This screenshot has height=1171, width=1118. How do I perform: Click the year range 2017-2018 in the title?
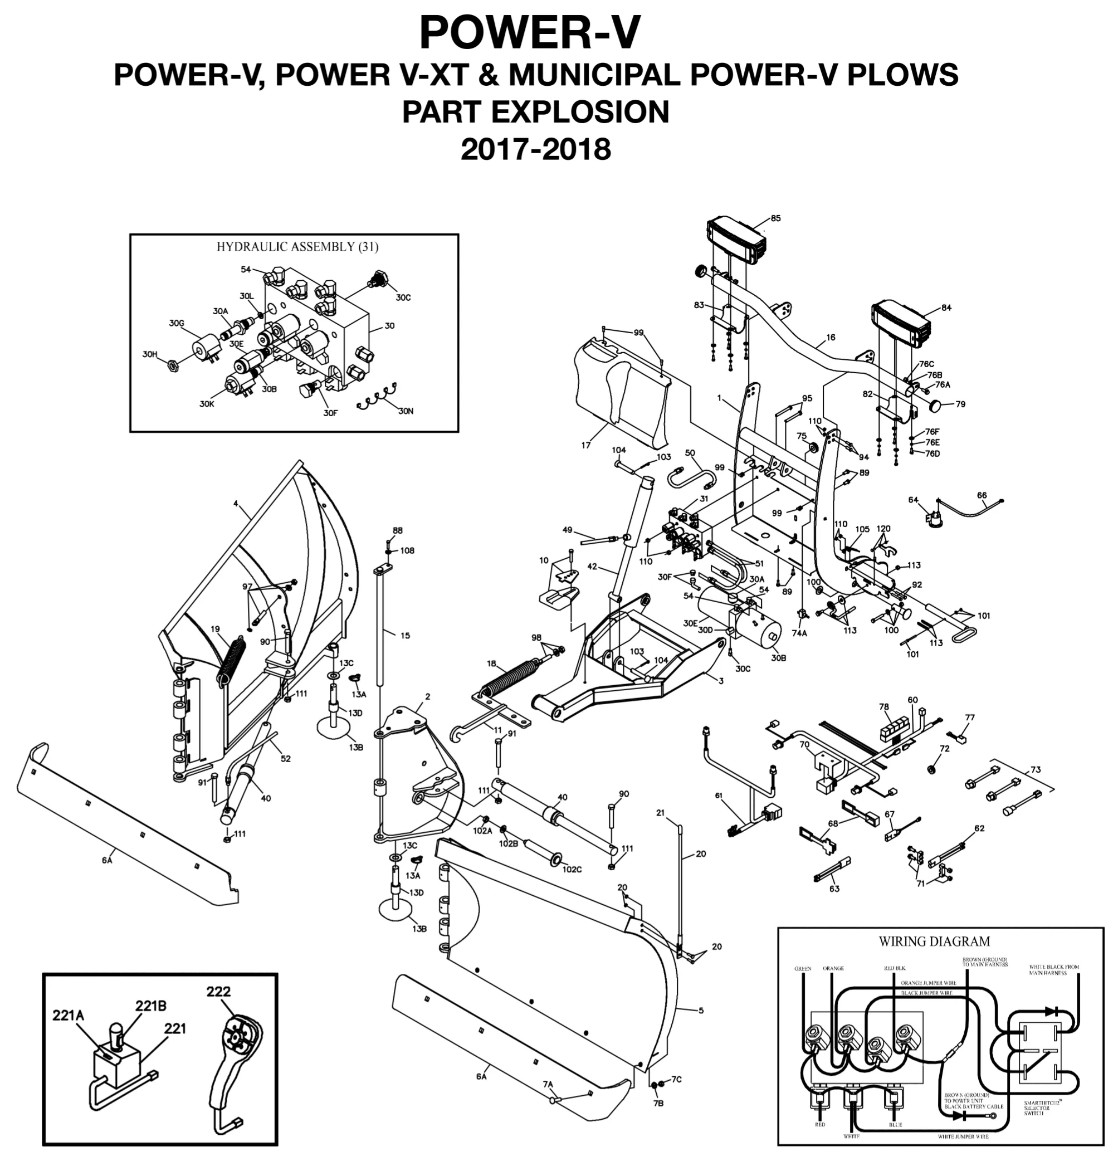point(535,149)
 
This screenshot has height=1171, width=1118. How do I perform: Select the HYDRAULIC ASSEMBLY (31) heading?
point(297,247)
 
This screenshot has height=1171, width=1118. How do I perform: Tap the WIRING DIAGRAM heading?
point(934,941)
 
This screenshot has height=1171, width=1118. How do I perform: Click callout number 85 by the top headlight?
point(775,218)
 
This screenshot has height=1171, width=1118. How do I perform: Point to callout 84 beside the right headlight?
point(946,308)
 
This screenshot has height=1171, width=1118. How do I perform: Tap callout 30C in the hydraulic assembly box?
point(403,297)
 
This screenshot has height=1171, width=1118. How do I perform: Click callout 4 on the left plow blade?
point(236,504)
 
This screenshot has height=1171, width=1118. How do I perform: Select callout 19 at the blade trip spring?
point(215,629)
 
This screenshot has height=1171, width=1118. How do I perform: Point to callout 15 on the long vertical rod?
point(405,636)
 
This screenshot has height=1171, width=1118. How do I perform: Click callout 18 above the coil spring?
point(491,663)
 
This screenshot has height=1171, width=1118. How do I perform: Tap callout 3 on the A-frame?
point(720,681)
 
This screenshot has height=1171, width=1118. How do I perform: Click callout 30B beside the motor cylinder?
point(778,658)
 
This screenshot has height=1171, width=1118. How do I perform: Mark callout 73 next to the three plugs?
point(1036,769)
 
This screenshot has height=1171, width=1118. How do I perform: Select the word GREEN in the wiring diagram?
point(803,968)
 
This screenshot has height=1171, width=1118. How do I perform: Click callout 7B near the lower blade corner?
point(658,1104)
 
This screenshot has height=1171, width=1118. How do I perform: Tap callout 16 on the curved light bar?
point(831,337)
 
